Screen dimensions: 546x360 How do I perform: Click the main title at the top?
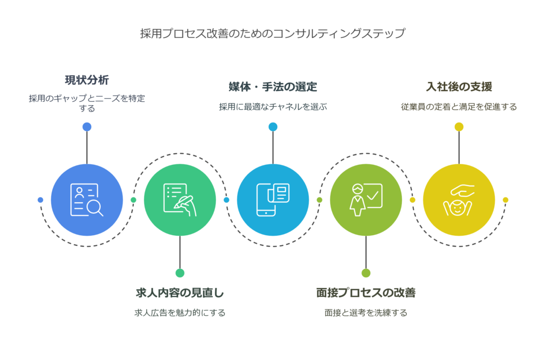tap(272, 34)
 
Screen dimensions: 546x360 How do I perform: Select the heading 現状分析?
tap(87, 80)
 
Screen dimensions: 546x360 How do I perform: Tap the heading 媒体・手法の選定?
tap(272, 87)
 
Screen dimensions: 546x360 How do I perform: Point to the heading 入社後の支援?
tap(459, 87)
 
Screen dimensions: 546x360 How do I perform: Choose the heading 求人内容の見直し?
tap(180, 293)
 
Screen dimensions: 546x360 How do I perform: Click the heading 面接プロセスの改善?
tap(366, 293)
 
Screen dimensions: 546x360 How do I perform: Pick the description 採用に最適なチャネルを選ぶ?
tap(272, 107)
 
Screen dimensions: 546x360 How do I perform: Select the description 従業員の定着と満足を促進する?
tap(459, 107)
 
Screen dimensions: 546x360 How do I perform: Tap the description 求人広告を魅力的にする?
tap(180, 313)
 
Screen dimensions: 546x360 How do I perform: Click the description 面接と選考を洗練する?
tap(366, 313)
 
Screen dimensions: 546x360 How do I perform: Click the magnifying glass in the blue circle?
tap(95, 209)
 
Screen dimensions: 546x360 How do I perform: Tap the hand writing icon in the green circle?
tap(186, 206)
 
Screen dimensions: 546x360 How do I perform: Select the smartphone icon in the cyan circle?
tap(266, 200)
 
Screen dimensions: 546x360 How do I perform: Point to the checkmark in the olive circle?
tap(373, 196)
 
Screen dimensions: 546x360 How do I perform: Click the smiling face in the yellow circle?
tap(457, 209)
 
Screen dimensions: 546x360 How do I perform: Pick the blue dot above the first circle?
tap(87, 127)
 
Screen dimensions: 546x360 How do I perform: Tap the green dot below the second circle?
tap(180, 273)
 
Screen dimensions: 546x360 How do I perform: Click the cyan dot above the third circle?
tap(273, 127)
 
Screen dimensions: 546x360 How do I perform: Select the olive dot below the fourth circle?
tap(366, 273)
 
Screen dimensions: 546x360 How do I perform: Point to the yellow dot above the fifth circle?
tap(459, 127)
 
